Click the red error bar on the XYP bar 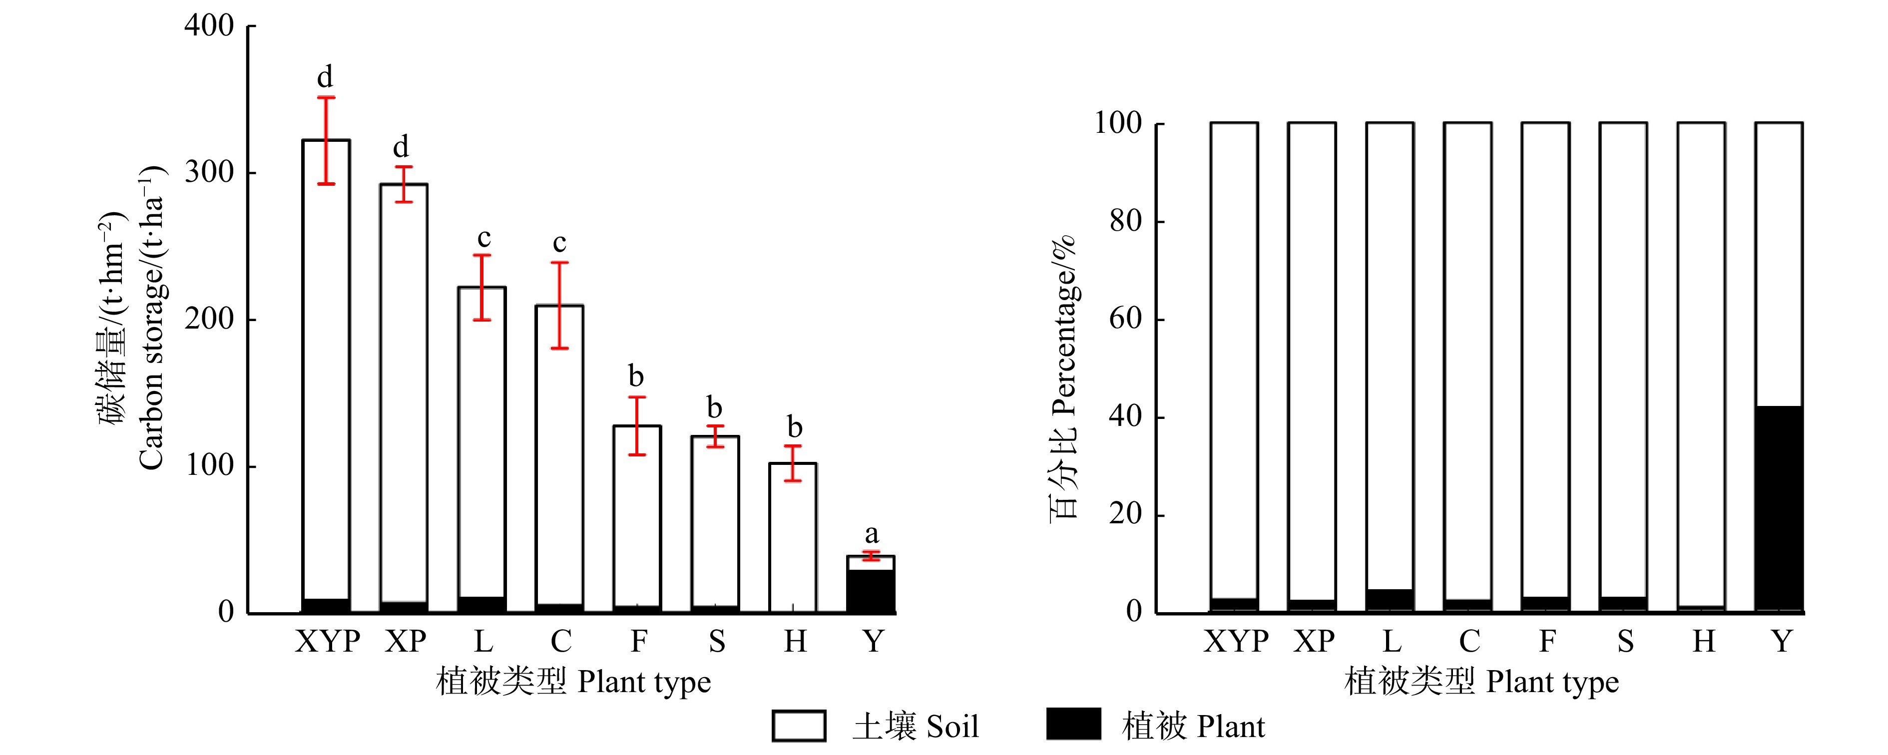(x=326, y=140)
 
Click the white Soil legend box (x=799, y=726)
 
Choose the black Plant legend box (x=1073, y=724)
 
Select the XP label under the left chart (x=405, y=641)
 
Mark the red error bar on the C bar (x=559, y=305)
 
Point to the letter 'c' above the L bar (x=483, y=238)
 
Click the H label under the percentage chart (x=1703, y=641)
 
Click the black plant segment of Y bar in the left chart (x=871, y=590)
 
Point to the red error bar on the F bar (x=637, y=426)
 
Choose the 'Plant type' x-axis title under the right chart (x=1481, y=682)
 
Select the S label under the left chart (x=716, y=641)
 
